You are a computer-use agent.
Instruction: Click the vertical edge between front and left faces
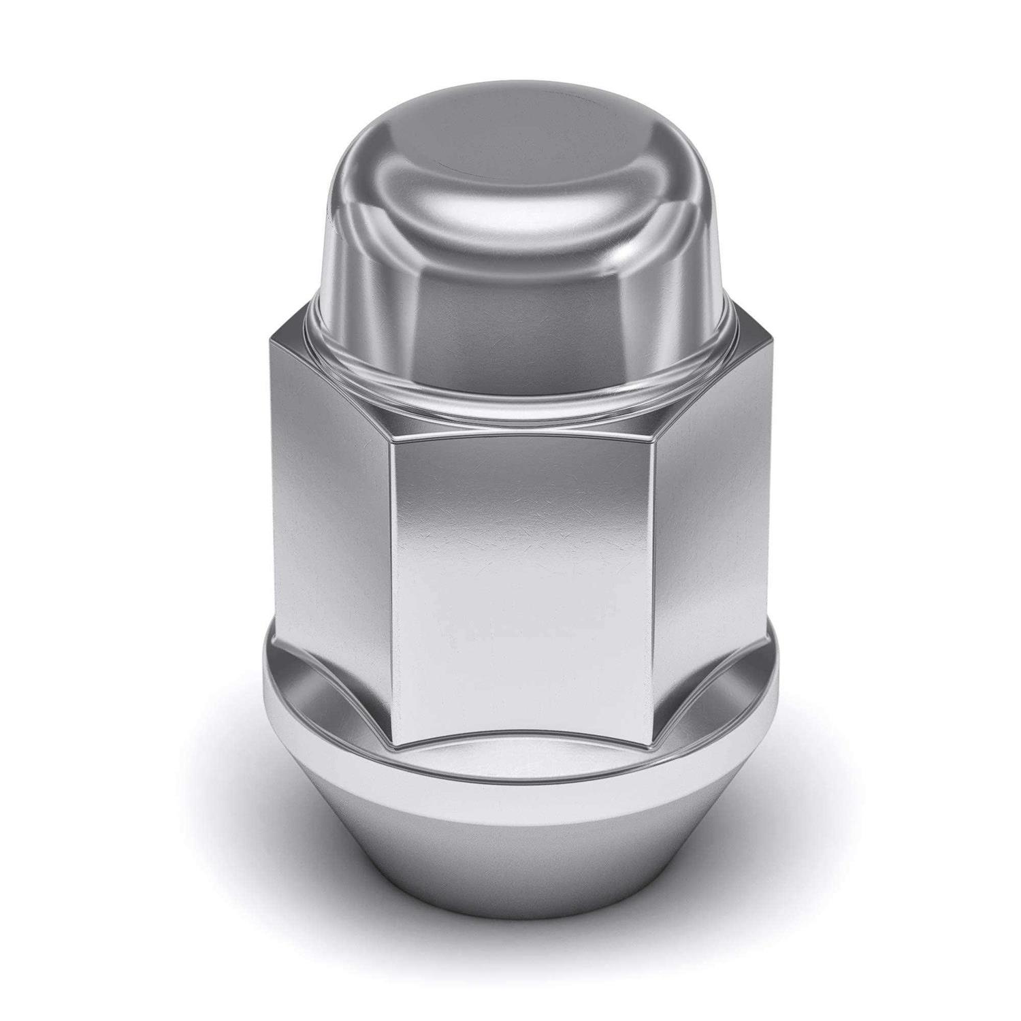tap(391, 579)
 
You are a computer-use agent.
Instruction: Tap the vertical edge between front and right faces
tap(657, 579)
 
